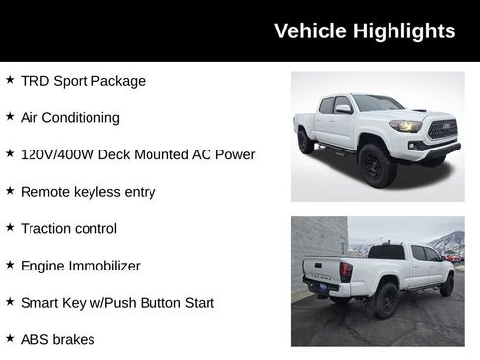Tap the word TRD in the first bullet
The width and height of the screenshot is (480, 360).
35,81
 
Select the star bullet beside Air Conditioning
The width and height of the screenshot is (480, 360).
10,116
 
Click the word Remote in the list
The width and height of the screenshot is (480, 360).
45,192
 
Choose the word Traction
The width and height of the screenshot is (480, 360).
47,228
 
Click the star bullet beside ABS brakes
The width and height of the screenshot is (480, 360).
10,338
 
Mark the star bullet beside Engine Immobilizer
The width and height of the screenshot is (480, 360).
10,265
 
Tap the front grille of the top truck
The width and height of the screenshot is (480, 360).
442,130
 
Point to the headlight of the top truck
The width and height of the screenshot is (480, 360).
404,126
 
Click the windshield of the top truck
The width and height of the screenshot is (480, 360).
376,103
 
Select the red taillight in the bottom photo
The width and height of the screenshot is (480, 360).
346,270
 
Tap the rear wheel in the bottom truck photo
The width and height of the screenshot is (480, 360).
386,300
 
